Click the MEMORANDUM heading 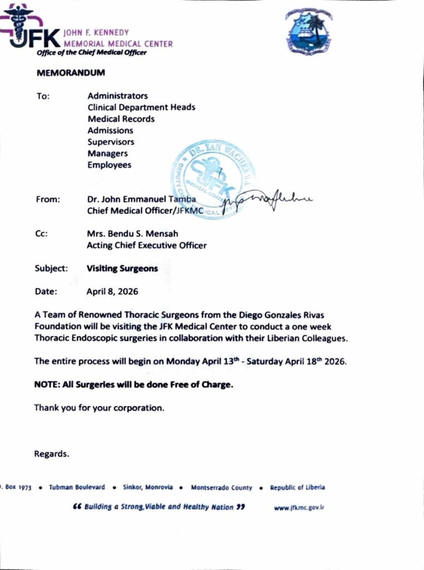click(70, 73)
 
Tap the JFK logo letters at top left click(33, 39)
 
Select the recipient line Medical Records click(121, 119)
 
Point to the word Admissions click(110, 130)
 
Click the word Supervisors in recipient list click(111, 142)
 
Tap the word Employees click(109, 165)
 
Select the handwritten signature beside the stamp click(267, 202)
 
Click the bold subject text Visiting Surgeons click(122, 268)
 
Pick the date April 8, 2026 click(112, 291)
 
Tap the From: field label click(47, 199)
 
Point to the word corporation click(139, 407)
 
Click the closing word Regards click(52, 454)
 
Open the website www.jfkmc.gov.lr click(299, 508)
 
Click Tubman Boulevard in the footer click(77, 487)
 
